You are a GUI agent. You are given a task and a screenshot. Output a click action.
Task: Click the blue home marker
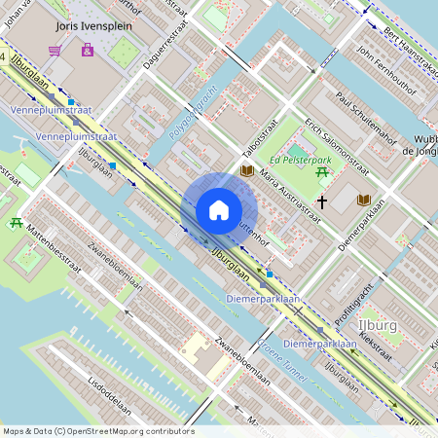[x=219, y=210]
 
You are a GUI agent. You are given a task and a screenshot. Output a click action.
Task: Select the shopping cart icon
[x=55, y=50]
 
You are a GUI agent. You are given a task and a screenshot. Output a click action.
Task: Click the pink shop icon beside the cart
[x=88, y=49]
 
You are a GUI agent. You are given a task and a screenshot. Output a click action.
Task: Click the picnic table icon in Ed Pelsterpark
[x=321, y=173]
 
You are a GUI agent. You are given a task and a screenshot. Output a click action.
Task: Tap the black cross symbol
[x=321, y=202]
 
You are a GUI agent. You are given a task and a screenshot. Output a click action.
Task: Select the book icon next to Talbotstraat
[x=247, y=171]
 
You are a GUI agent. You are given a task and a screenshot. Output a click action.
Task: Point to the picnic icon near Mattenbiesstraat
[x=17, y=223]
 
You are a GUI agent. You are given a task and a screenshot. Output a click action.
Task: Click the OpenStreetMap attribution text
[x=97, y=430]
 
